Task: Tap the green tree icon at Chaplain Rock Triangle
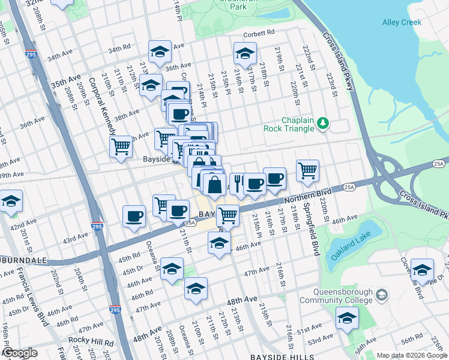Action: click(324, 123)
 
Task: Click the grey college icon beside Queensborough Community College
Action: click(382, 295)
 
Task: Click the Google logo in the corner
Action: click(20, 353)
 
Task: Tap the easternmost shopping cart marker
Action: click(307, 169)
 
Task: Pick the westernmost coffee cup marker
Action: click(134, 215)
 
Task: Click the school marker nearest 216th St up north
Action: click(244, 54)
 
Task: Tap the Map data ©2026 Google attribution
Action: click(411, 355)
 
